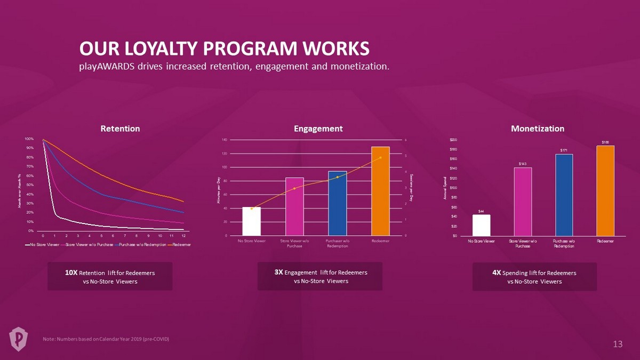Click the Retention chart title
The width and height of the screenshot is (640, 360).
pos(121,129)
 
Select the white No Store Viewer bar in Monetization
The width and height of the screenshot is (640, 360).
pos(481,225)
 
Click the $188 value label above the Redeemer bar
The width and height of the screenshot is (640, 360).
pos(605,142)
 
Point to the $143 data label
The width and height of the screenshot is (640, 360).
pos(523,164)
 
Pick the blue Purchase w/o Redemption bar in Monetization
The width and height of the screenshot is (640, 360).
pos(564,195)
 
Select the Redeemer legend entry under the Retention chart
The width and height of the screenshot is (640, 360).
pos(178,244)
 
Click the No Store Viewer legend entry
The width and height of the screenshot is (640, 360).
pos(43,244)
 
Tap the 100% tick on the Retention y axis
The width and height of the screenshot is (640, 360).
pos(30,139)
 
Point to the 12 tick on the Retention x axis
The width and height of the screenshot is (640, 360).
pos(183,235)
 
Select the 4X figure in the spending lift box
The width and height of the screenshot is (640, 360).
pos(497,273)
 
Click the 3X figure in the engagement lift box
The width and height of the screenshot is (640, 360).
pos(279,272)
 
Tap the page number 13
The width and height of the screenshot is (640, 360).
pos(618,345)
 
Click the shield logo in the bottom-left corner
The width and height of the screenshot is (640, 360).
pos(18,338)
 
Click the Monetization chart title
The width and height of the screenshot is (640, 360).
pos(537,129)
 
